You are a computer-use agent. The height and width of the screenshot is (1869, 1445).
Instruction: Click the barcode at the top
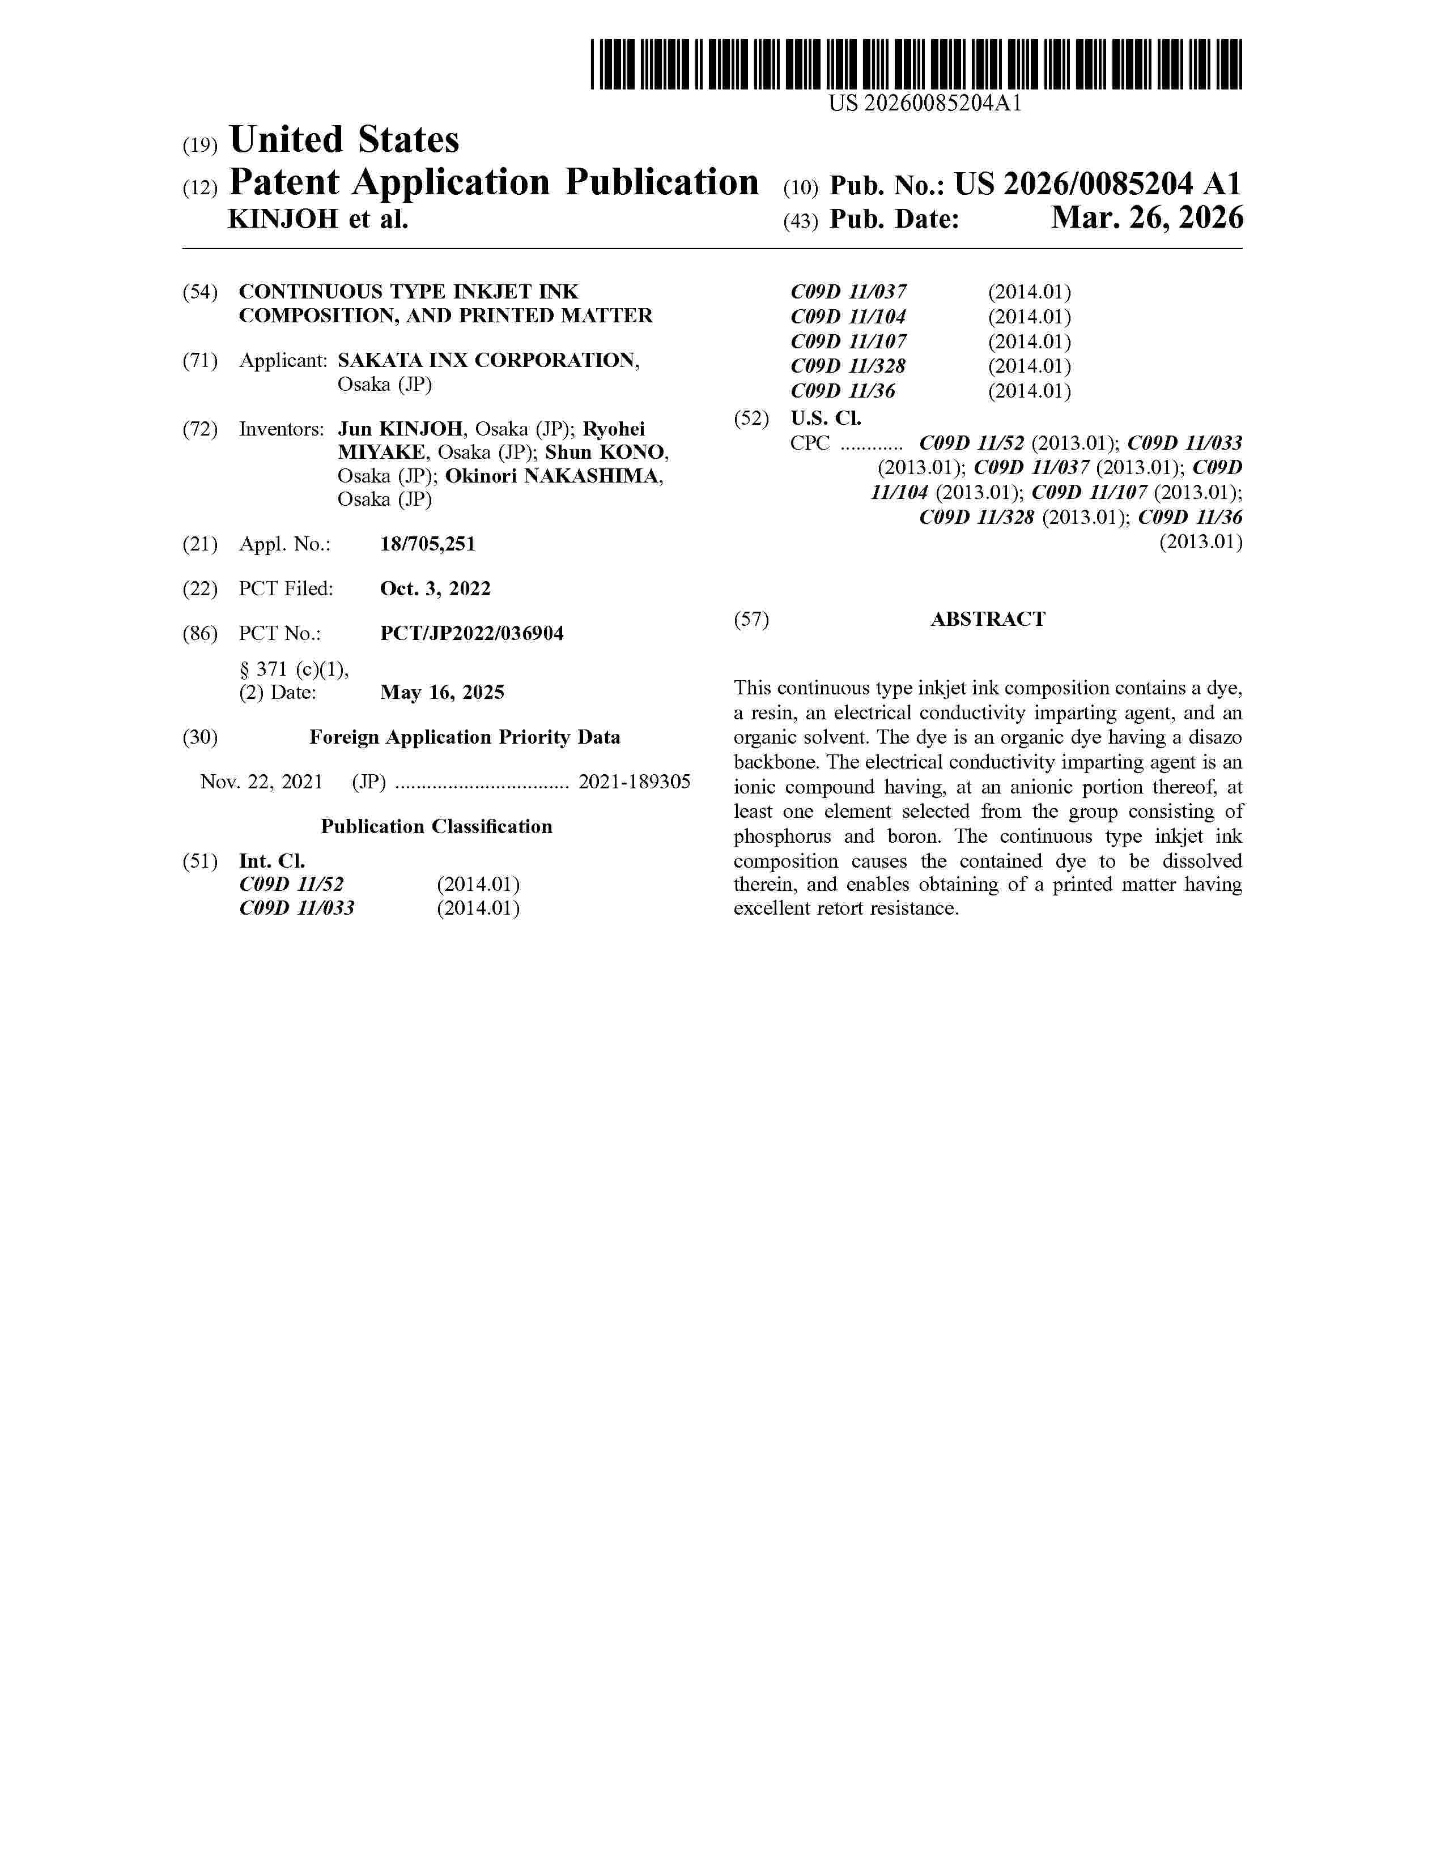coord(916,64)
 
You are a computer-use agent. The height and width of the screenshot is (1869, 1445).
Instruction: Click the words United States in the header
coord(344,139)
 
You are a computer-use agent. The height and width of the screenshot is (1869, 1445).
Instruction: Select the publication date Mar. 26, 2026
coord(1146,218)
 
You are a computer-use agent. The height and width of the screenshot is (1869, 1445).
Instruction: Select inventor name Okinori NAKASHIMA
coord(553,476)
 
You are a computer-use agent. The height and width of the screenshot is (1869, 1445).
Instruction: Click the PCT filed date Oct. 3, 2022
coord(435,589)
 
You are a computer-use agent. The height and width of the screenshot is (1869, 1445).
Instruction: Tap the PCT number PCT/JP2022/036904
coord(471,633)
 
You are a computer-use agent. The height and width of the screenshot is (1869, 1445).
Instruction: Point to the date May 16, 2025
coord(442,692)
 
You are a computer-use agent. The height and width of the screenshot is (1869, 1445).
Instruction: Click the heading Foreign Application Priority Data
coord(464,737)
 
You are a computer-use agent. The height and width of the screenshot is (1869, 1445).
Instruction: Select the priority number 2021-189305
coord(634,782)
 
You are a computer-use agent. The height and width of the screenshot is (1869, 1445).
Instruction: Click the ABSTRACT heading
coord(987,618)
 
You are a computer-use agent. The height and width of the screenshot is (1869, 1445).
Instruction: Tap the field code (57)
coord(751,618)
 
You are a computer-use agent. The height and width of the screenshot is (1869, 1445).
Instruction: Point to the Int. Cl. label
coord(271,861)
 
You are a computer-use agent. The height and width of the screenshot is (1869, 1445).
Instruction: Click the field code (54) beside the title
coord(199,292)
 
